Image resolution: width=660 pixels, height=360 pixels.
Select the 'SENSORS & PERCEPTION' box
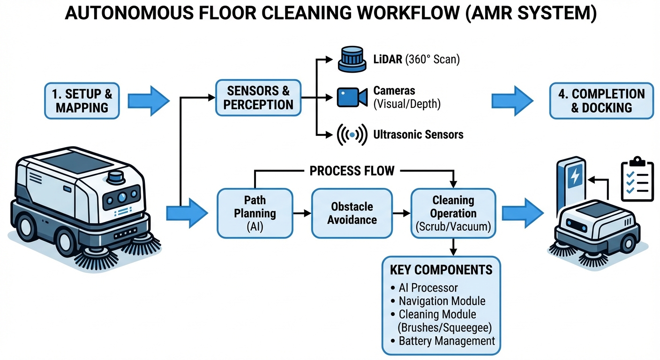tap(258, 97)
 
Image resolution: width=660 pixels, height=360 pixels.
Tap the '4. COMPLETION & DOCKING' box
tap(601, 100)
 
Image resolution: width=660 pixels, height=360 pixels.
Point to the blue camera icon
tap(352, 97)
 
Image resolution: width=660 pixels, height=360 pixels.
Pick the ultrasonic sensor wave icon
tap(352, 135)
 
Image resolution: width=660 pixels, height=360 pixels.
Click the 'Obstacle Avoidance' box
tap(352, 213)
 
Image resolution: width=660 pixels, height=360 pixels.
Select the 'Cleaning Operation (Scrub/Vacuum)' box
tap(453, 213)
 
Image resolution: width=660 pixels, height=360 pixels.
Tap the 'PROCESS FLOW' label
tap(352, 171)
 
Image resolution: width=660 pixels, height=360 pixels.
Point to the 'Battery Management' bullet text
tap(447, 341)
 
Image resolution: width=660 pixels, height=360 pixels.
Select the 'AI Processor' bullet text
tap(428, 288)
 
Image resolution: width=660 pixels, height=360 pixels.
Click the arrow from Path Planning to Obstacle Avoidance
tap(302, 213)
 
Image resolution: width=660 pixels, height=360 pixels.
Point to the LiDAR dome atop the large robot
tap(115, 178)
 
